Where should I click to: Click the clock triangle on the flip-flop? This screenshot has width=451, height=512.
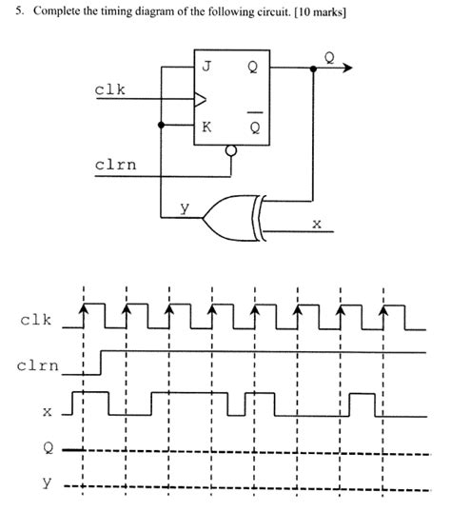coord(200,97)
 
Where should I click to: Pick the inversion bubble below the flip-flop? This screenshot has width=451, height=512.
coord(229,150)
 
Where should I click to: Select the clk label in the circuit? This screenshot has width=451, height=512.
coord(109,89)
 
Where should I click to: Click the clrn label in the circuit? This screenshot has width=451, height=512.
coord(114,164)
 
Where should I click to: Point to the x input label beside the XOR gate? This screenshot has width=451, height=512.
coord(317,225)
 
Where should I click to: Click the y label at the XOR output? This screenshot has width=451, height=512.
coord(186,207)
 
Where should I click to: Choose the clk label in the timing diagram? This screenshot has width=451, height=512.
coord(36,319)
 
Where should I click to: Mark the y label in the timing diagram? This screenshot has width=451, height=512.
coord(45,483)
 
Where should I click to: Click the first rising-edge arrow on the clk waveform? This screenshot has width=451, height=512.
coord(84,308)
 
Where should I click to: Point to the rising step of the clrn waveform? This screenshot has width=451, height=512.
coord(101,362)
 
